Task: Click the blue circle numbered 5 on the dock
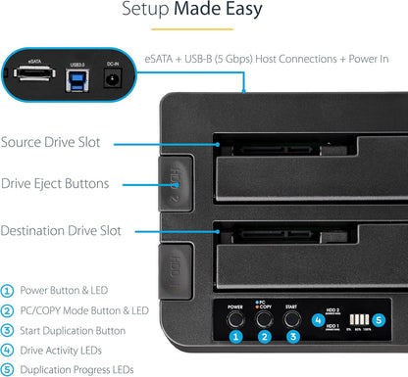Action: click(381, 319)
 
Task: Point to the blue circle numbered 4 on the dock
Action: click(318, 319)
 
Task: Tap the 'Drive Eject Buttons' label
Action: click(69, 183)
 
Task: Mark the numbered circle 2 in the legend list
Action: click(9, 311)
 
